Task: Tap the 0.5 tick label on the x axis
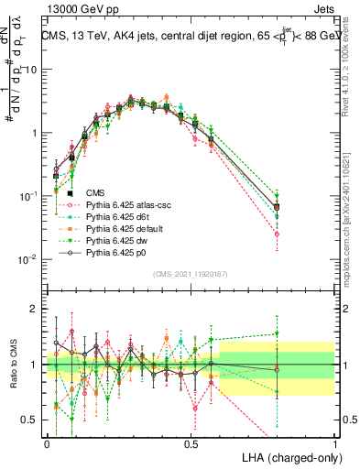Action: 191,442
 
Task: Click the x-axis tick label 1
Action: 335,442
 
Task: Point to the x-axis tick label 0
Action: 47,442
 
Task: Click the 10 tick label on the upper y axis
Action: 31,70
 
